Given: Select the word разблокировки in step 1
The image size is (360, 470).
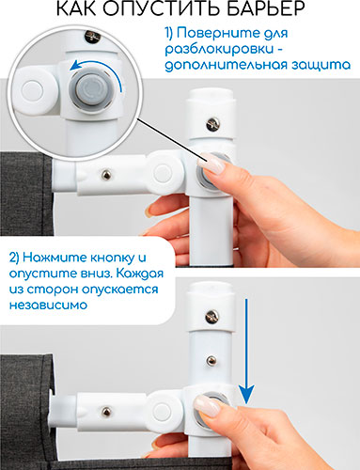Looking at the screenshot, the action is coord(219,49).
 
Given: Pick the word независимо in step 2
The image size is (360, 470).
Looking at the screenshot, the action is coord(48,305).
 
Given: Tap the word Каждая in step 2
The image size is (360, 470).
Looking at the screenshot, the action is coord(140,274).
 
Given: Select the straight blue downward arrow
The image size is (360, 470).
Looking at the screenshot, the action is coord(246,352).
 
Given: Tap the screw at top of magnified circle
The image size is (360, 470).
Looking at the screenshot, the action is coord(92,36).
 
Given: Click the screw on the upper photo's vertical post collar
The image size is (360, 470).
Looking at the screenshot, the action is coord(213,124).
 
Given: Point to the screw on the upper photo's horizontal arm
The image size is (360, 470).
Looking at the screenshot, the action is coord(106,175).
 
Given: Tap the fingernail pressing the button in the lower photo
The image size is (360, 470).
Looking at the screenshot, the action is coord(207,406).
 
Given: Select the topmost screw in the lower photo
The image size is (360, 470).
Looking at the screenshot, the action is coord(212,317).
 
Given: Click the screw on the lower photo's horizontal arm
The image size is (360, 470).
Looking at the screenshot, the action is coord(106,412).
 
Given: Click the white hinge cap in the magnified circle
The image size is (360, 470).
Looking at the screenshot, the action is coord(32,90).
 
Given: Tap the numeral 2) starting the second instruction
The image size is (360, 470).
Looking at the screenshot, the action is coord(14,258).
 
